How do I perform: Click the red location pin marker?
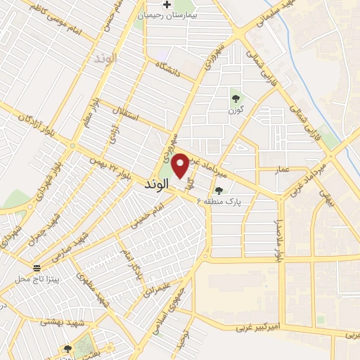pos(181,165)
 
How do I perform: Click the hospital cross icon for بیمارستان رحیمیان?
pos(166,5)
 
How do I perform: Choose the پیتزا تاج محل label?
pos(37,279)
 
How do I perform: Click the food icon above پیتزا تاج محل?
pos(37,268)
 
